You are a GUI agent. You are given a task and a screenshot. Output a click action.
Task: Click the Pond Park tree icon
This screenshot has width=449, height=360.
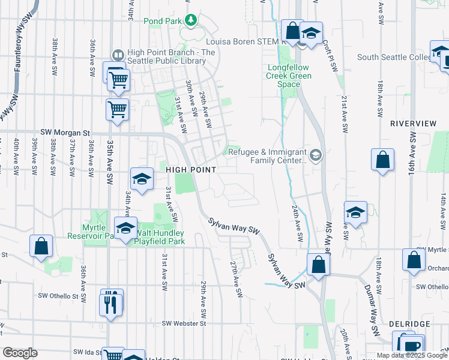191,21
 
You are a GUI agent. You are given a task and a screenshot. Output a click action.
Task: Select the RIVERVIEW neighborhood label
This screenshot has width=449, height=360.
413,123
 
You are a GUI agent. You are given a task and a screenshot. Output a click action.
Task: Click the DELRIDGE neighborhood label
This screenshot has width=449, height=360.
409,324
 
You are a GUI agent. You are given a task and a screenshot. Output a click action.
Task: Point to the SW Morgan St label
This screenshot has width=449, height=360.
65,132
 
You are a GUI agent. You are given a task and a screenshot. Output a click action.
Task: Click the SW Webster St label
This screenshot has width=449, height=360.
184,323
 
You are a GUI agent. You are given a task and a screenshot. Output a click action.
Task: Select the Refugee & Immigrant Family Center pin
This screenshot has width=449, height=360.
316,156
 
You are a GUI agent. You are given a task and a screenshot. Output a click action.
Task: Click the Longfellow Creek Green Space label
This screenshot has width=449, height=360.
289,76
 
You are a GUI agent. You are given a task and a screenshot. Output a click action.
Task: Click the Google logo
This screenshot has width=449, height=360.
20,353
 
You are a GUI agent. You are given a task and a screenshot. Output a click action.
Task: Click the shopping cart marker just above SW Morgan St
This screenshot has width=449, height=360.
117,110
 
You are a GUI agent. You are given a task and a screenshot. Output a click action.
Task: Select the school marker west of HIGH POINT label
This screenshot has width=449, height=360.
142,179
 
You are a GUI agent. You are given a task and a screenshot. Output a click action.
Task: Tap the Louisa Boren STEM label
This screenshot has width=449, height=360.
243,42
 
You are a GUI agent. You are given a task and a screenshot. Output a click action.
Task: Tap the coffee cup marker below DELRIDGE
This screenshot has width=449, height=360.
411,346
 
